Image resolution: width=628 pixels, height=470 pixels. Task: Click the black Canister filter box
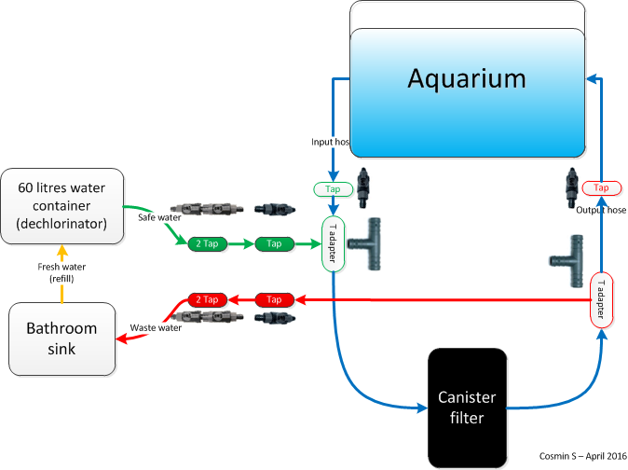point(467,408)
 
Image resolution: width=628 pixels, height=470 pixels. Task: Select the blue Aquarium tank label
point(466,78)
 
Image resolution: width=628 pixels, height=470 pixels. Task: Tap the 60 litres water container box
point(62,205)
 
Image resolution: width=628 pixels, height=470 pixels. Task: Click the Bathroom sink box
point(61,338)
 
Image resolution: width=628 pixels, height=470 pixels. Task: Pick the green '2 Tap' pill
point(208,244)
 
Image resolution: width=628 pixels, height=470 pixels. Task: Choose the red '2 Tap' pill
point(208,300)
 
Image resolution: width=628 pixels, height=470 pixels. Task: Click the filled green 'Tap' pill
point(274,244)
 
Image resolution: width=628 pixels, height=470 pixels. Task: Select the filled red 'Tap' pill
point(274,300)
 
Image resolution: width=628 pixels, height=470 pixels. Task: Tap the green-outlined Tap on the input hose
point(333,189)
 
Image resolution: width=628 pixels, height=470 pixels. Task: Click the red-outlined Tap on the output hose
point(601,187)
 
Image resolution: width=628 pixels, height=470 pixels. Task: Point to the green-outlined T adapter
point(333,244)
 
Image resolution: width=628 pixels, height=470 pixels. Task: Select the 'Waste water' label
point(156,326)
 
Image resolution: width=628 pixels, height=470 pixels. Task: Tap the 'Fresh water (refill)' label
point(62,272)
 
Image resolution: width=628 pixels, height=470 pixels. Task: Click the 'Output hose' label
point(600,211)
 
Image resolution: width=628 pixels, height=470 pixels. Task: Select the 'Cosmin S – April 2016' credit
point(579,456)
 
